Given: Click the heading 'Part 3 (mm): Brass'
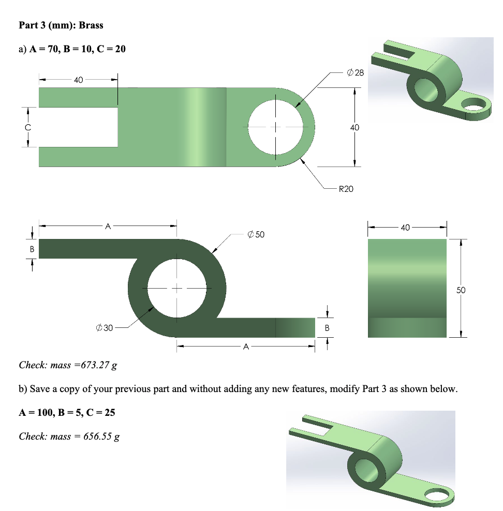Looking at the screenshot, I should (x=61, y=25).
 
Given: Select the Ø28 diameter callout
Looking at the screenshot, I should (x=356, y=73).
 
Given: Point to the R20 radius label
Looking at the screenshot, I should (x=346, y=189).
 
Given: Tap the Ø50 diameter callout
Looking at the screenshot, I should (x=256, y=234).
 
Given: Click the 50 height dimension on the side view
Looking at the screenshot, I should (x=461, y=290).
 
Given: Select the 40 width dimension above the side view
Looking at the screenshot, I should (x=405, y=227).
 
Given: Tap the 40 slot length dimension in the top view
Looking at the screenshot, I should (x=78, y=80).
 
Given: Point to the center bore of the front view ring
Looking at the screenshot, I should (x=177, y=288).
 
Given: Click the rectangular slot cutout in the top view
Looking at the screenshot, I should (x=78, y=127).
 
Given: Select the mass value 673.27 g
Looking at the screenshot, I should (x=96, y=365).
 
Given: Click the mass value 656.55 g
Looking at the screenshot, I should (x=101, y=436).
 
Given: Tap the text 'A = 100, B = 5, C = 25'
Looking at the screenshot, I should (x=67, y=412).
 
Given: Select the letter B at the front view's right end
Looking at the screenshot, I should (x=327, y=327).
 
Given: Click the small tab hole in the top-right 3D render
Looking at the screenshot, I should (x=475, y=107).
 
